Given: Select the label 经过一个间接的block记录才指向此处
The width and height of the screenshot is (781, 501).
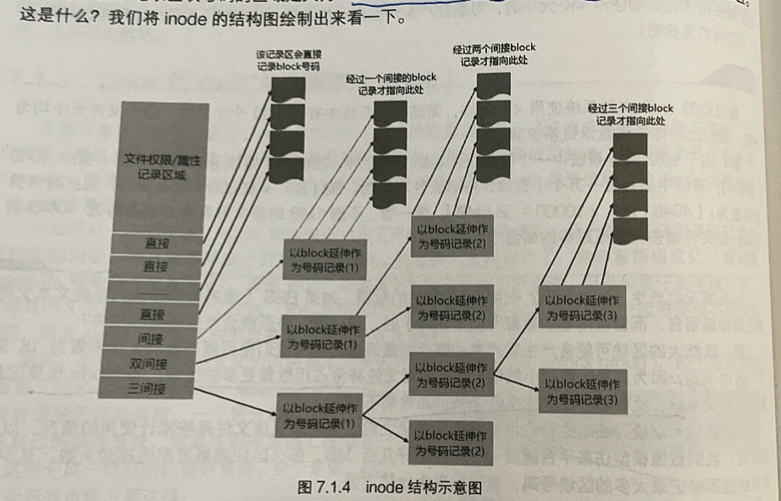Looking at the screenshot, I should (390, 84).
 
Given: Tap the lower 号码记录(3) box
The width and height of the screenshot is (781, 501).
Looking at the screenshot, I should (583, 390).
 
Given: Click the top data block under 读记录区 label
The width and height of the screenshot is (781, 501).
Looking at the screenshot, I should (288, 90).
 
